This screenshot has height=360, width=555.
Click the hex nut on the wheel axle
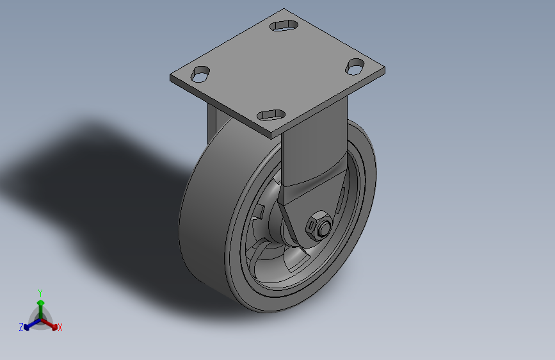(319, 226)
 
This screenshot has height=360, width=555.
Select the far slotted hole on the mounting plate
(284, 26)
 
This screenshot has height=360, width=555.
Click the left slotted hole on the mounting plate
(200, 74)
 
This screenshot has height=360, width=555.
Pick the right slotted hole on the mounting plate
(355, 67)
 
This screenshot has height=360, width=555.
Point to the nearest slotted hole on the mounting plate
(271, 115)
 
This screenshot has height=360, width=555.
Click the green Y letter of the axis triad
(40, 293)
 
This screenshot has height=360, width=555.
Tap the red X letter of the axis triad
(60, 328)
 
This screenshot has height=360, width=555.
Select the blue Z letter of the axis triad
(21, 327)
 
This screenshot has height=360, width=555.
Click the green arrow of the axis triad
(41, 309)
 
